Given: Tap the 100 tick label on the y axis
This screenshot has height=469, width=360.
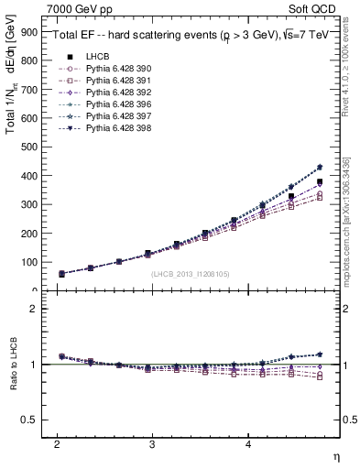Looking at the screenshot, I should point(29,262).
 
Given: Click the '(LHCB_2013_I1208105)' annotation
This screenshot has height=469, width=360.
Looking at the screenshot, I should point(191,274).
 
